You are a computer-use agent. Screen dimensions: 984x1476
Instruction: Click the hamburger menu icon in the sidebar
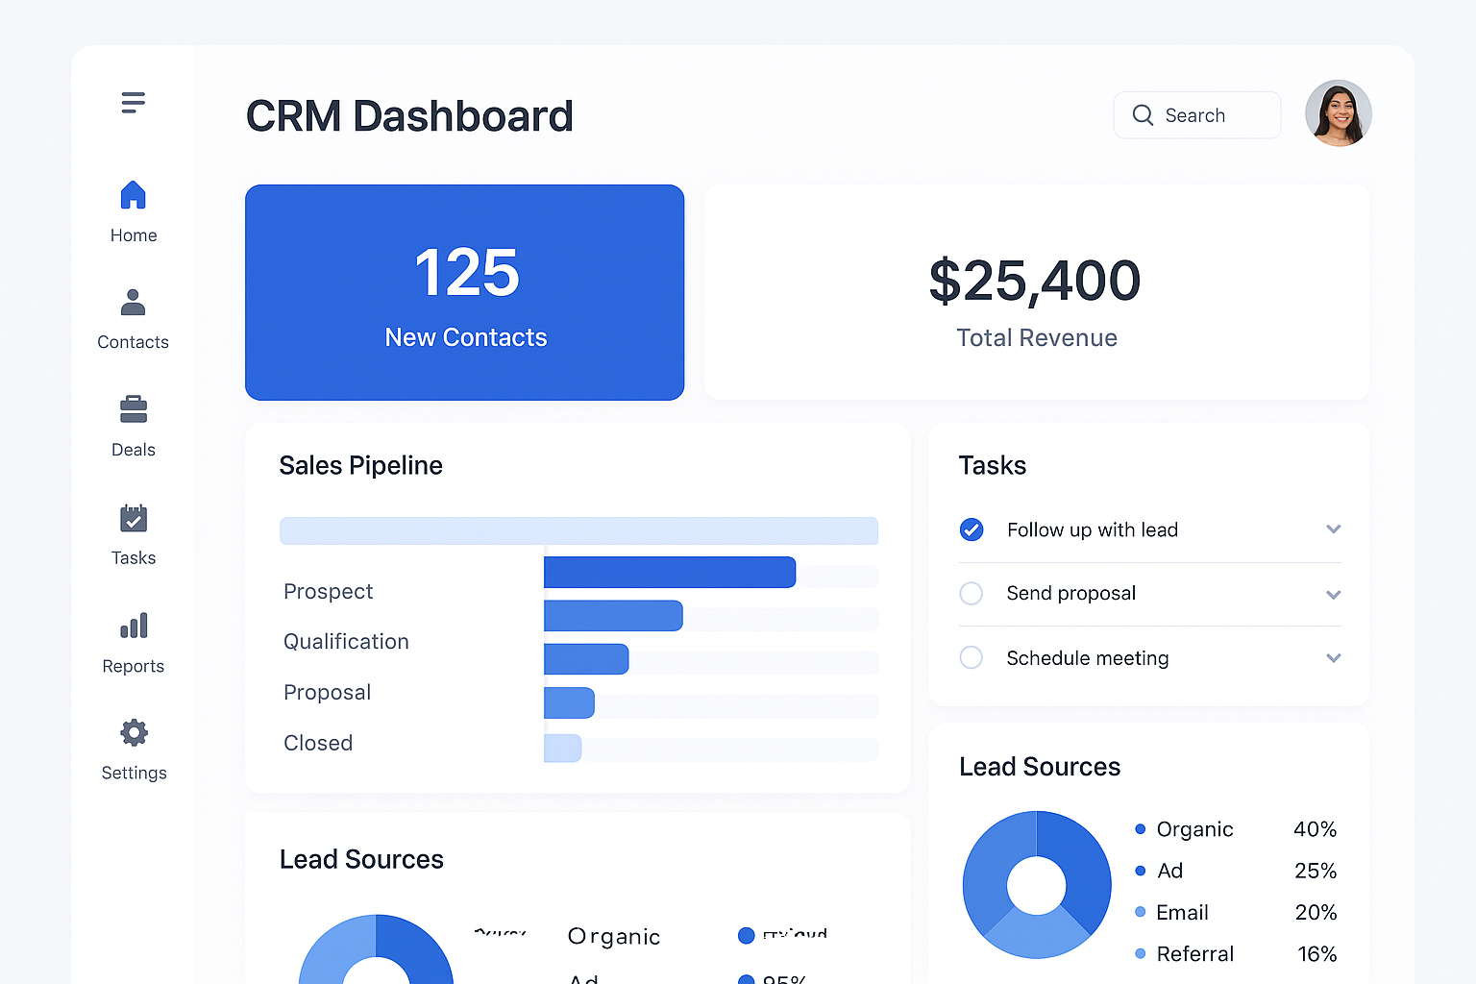point(134,103)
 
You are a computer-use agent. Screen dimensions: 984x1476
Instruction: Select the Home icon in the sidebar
point(134,195)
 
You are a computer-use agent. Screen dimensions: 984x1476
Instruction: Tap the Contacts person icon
point(134,303)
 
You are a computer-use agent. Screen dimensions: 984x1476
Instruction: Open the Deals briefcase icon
point(134,409)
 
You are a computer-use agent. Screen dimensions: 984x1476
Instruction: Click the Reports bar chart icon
point(134,626)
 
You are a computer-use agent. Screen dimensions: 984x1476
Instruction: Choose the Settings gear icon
point(134,733)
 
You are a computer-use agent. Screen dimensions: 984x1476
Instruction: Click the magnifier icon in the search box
point(1143,115)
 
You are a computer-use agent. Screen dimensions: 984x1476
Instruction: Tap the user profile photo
point(1338,113)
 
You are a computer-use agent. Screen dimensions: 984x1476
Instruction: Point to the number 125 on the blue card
point(466,273)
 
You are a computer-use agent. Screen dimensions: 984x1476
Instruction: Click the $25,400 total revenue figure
point(1035,282)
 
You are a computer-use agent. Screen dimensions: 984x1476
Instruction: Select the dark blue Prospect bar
point(669,573)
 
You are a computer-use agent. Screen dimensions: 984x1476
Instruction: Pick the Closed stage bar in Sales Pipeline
point(563,749)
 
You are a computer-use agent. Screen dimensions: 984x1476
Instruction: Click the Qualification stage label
point(346,642)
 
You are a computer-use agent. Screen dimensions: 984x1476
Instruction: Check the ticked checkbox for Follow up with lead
point(972,529)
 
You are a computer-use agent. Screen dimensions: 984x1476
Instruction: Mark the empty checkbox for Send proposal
point(972,594)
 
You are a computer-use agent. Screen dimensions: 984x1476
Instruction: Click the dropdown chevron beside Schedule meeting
point(1333,658)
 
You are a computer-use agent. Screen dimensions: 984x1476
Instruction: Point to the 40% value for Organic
point(1315,829)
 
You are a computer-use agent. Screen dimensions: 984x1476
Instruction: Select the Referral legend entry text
point(1194,954)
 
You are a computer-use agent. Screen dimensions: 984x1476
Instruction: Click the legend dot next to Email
point(1140,912)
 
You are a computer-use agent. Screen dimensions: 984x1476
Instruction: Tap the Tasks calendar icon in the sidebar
point(134,519)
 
